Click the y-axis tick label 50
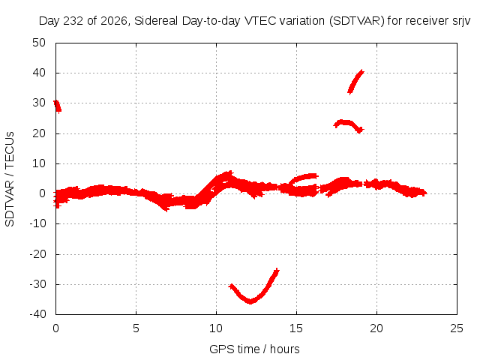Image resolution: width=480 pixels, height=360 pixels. tap(39, 43)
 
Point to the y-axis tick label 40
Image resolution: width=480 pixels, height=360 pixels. tap(39, 73)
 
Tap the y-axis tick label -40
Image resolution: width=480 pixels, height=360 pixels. tap(37, 314)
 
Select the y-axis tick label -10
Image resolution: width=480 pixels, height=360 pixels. tap(37, 223)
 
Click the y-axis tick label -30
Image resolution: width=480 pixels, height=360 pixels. tap(37, 284)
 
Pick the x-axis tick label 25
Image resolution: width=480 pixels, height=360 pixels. tap(457, 328)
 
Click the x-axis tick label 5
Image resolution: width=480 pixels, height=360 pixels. tap(136, 328)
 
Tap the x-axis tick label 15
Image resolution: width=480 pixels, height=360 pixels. tap(296, 328)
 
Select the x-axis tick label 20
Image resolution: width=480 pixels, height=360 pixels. tap(376, 328)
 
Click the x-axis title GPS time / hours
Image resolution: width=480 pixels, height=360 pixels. tap(254, 349)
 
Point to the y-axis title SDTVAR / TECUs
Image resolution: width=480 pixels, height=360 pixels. tap(10, 179)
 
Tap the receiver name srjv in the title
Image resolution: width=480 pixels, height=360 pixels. tap(461, 21)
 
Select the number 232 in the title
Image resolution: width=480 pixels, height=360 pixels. tap(73, 21)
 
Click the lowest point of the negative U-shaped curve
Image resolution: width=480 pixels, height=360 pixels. tap(250, 301)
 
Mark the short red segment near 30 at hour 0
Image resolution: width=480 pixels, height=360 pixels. tap(57, 106)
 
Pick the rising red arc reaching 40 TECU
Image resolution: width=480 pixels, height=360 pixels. tap(355, 82)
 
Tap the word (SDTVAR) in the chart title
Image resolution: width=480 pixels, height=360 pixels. tap(357, 21)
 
